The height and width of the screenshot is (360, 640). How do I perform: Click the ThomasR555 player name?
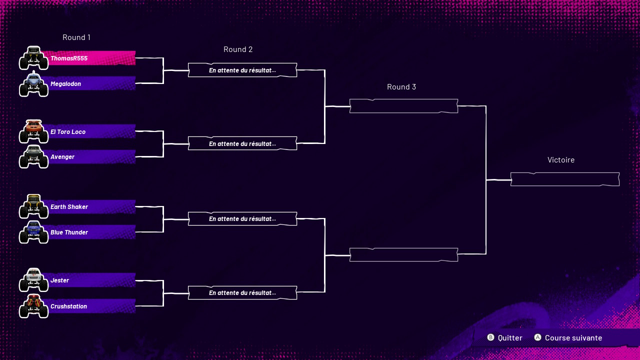(x=69, y=58)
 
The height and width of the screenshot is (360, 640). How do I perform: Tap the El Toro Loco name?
(x=68, y=132)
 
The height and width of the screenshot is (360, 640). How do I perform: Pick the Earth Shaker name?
(x=69, y=207)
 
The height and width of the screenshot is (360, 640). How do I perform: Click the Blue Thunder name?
(x=69, y=232)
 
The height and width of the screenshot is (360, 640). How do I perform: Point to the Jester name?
(x=59, y=280)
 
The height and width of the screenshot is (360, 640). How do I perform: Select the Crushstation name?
(x=68, y=306)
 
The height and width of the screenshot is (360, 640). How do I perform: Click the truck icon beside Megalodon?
(x=33, y=84)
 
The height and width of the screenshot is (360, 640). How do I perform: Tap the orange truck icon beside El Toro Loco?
(x=33, y=131)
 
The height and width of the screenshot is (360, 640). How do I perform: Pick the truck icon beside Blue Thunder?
(x=33, y=232)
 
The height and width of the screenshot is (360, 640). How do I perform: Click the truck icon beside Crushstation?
(x=33, y=306)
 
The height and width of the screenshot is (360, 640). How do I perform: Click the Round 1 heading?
(x=76, y=37)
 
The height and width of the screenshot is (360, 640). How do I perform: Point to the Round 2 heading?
(x=238, y=49)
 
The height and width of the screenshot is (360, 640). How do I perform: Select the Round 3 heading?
(x=401, y=87)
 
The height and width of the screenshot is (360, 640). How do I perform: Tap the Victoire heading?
(x=561, y=160)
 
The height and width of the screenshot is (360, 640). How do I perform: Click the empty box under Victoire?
(x=565, y=179)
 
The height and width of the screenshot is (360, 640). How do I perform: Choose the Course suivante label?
(x=573, y=338)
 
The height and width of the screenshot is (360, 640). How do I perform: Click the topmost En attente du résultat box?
(x=242, y=70)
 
